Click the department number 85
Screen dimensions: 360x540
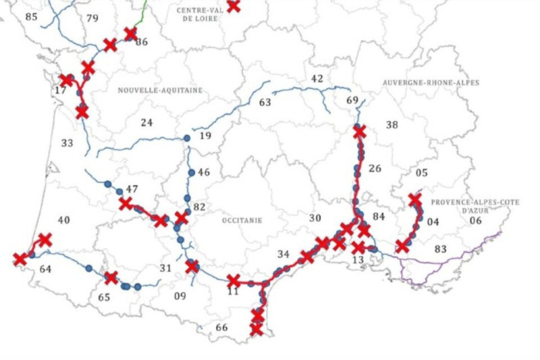31,16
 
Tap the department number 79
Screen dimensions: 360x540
92,18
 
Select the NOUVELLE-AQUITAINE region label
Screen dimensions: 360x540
159,91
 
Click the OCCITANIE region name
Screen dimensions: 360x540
241,220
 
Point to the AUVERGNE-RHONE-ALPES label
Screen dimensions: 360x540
431,82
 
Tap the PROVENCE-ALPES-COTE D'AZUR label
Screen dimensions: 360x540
470,206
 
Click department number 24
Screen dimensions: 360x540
146,122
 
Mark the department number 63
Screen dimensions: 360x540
265,103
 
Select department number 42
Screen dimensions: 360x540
317,79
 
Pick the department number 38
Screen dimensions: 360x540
392,125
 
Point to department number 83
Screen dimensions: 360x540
441,250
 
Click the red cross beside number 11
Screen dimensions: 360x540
234,280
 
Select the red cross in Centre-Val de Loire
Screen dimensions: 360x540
234,6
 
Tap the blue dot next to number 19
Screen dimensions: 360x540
187,138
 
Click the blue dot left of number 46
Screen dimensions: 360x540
191,173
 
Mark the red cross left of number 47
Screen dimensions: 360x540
126,203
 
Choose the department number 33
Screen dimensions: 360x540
66,143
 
